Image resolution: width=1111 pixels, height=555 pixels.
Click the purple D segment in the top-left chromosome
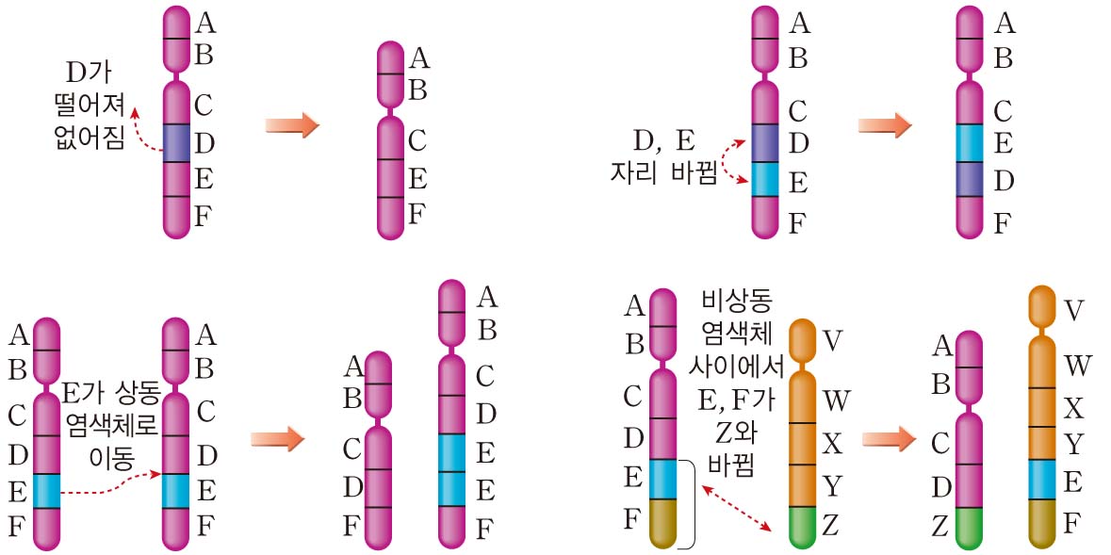[175, 142]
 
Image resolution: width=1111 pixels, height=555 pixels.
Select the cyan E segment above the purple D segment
[971, 142]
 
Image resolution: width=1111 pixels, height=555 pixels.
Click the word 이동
[110, 458]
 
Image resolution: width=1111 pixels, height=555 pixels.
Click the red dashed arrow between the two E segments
[108, 488]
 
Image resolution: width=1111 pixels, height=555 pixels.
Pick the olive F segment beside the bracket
[663, 520]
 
